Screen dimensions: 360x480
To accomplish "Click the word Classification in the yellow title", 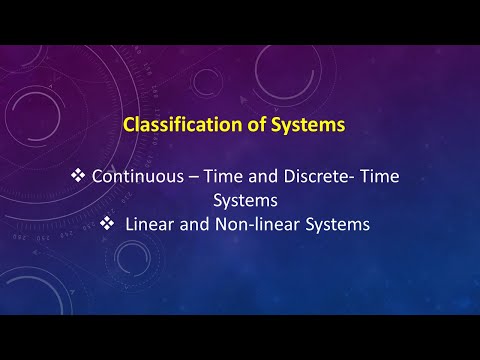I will coord(176,127).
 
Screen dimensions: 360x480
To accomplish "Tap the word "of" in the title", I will coord(243,127).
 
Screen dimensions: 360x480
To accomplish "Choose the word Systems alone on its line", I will coord(241,200).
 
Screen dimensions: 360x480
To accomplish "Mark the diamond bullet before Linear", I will coord(111,225).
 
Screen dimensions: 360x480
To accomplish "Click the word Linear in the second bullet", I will coord(148,225).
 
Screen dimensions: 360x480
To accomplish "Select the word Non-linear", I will coord(255,225).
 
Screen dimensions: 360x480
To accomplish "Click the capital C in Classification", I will coord(126,127).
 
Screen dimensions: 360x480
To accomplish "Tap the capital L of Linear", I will coord(130,225).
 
